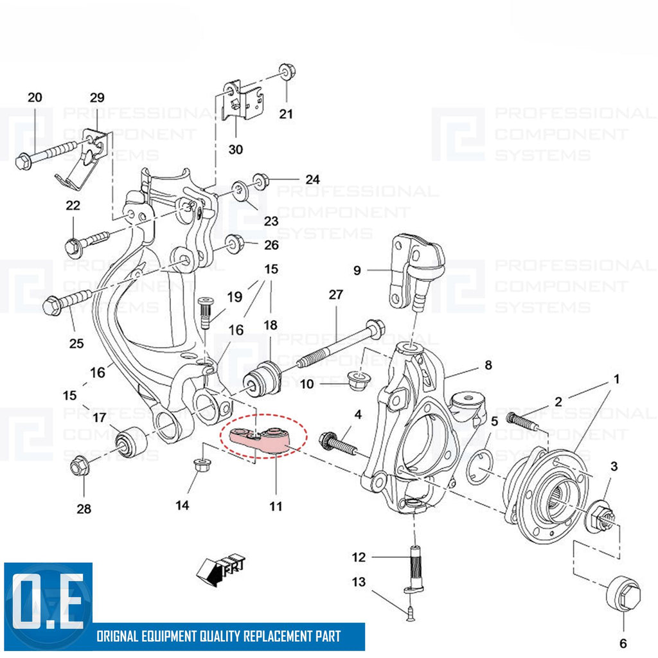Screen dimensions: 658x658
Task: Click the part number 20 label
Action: click(x=35, y=98)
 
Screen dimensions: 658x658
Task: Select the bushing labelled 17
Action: click(x=132, y=441)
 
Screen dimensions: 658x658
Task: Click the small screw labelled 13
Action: click(x=409, y=614)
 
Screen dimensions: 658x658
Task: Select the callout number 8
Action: click(x=488, y=365)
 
